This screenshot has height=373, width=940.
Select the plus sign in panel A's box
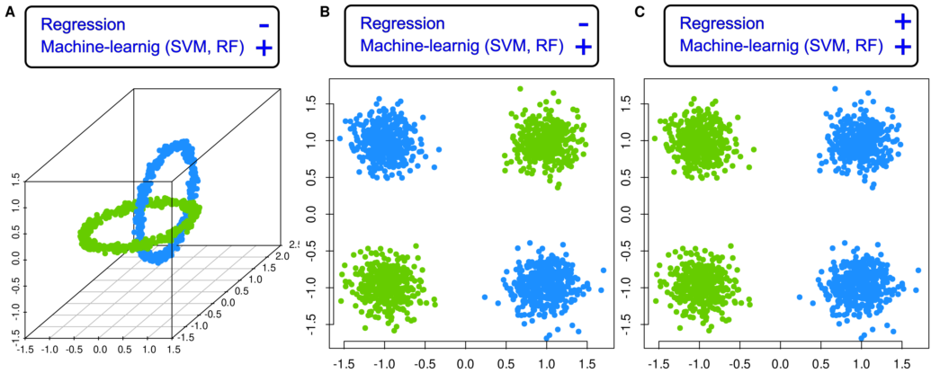[264, 49]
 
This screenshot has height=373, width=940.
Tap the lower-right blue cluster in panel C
[861, 286]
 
